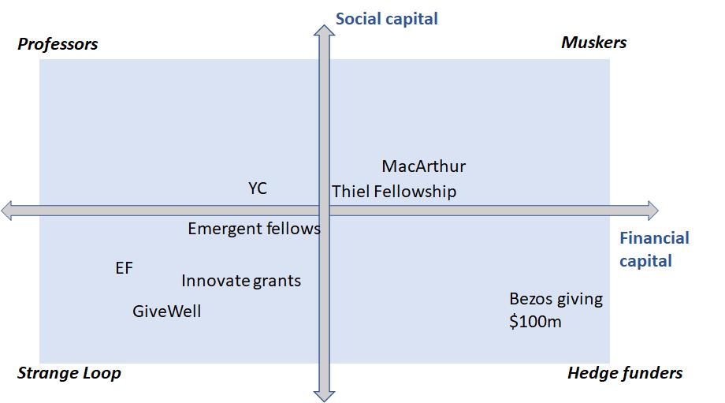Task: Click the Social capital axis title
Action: click(x=387, y=20)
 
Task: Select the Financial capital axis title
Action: click(x=654, y=249)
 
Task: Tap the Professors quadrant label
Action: click(x=58, y=44)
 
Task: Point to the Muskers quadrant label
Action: click(x=594, y=43)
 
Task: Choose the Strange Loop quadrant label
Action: click(x=69, y=373)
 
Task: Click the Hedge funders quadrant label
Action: click(x=625, y=373)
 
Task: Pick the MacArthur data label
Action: click(x=423, y=166)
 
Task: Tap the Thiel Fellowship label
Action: click(x=394, y=192)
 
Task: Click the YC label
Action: click(x=258, y=188)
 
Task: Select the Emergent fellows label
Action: click(x=254, y=229)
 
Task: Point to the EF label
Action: click(x=124, y=268)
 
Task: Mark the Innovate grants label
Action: click(x=241, y=281)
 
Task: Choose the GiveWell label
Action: click(x=167, y=311)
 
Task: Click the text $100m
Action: click(x=535, y=321)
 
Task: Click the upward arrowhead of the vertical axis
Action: click(x=324, y=31)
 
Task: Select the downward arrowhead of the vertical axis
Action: click(x=324, y=396)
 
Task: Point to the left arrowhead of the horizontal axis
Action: click(x=6, y=211)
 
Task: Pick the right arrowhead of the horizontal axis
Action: click(x=652, y=211)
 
